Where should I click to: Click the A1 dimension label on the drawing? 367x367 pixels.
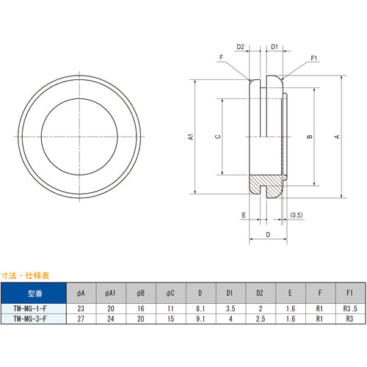(x=189, y=137)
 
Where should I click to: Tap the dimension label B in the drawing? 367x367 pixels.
(x=310, y=137)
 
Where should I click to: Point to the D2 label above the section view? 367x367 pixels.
(x=250, y=47)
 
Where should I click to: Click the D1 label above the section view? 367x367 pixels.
(x=274, y=47)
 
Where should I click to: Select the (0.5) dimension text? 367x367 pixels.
(x=297, y=214)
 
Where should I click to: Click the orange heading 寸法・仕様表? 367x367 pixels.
(x=25, y=275)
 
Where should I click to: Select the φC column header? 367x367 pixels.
(x=170, y=292)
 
